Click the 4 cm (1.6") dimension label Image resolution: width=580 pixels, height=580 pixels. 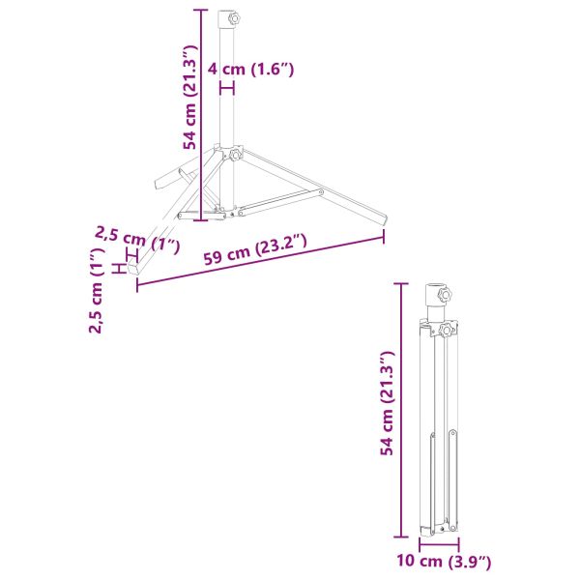[250, 70]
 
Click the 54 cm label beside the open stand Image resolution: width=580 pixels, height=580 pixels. [190, 98]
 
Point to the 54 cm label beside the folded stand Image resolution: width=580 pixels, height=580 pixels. [388, 403]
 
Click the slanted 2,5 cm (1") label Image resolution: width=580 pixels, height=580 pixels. [138, 240]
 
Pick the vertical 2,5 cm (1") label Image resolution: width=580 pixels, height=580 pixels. [97, 290]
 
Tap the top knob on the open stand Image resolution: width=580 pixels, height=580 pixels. [234, 17]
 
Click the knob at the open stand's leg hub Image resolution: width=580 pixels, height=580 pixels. [235, 155]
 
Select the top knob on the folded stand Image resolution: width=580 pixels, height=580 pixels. [445, 295]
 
